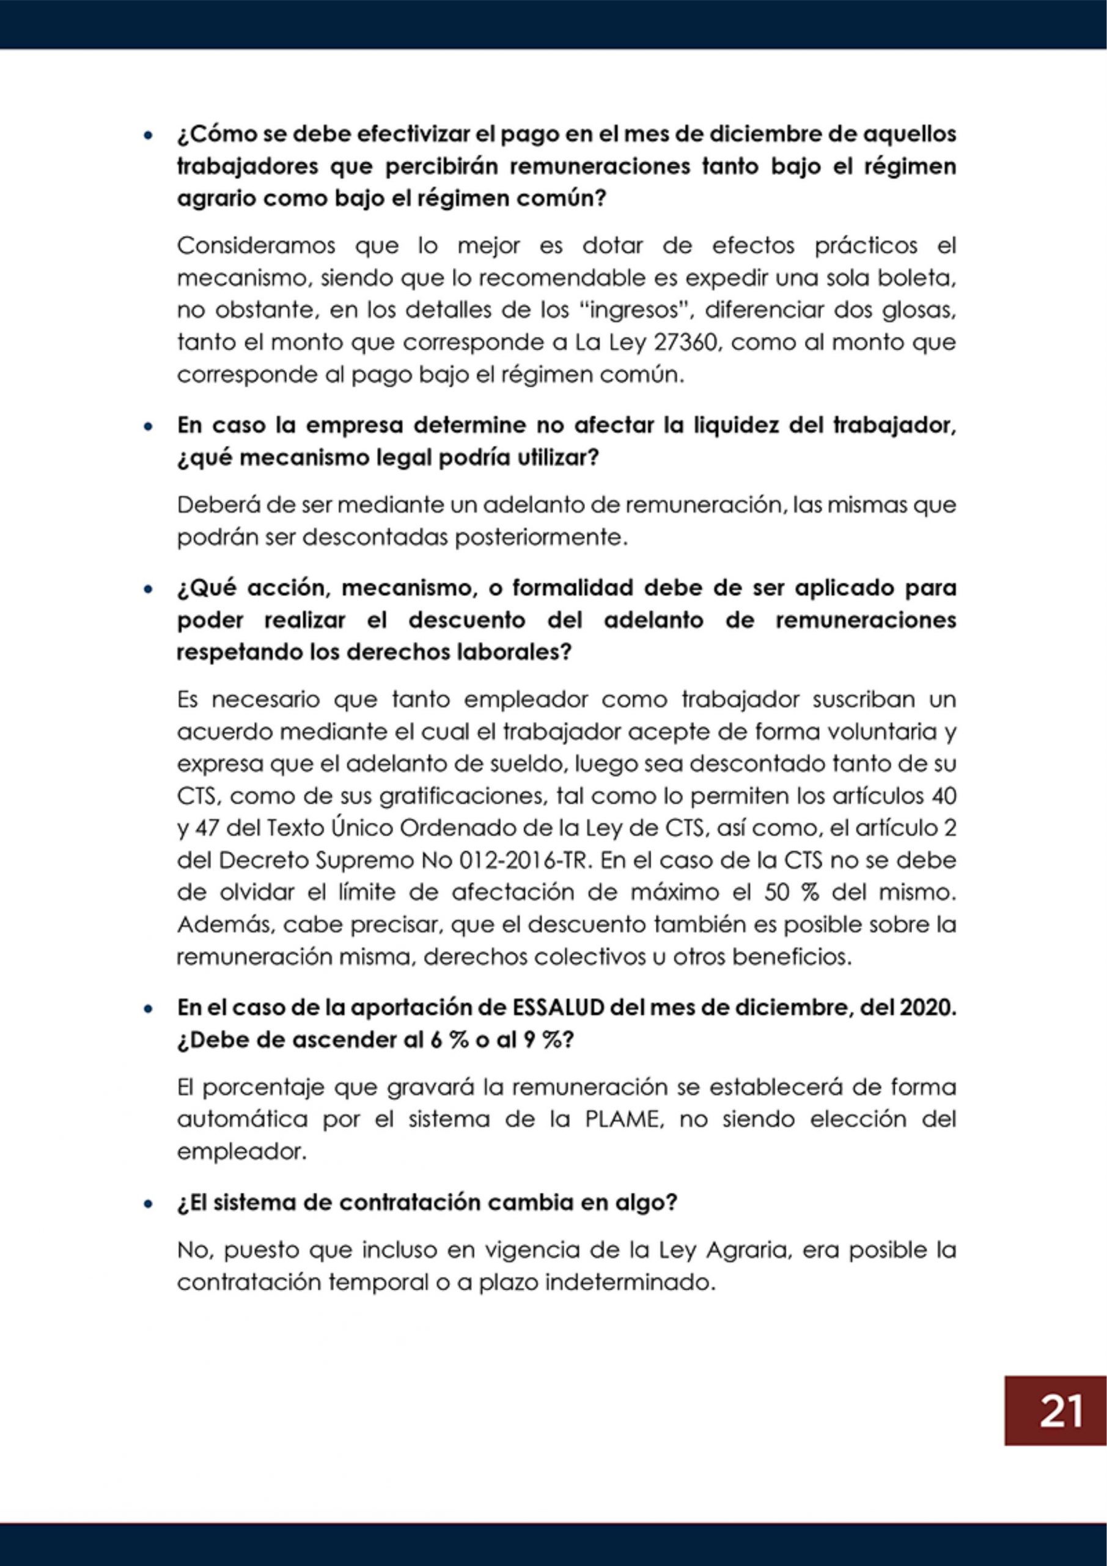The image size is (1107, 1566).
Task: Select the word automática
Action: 242,1120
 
